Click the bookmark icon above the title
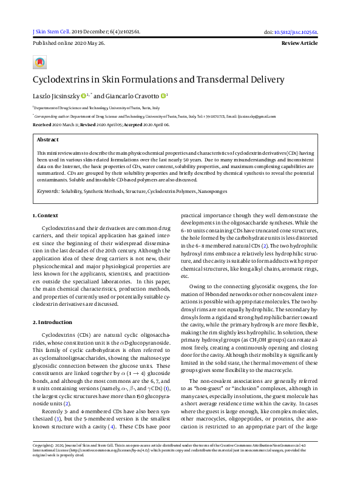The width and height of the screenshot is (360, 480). (x=40, y=63)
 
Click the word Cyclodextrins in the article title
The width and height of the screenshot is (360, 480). (x=64, y=79)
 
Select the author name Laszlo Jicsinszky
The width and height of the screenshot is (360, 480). (x=56, y=95)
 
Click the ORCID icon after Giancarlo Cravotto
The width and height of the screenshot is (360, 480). (x=164, y=95)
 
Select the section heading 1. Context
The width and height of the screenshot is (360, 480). (x=46, y=215)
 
